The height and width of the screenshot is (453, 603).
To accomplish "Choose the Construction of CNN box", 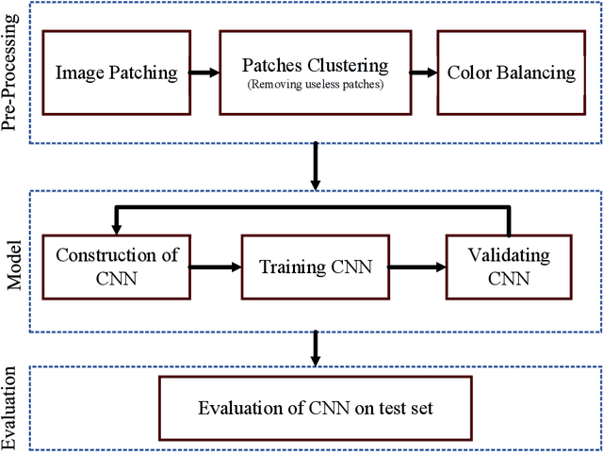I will [117, 267].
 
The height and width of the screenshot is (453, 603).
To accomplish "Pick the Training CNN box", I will [316, 267].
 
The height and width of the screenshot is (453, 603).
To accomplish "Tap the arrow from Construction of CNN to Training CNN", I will [216, 267].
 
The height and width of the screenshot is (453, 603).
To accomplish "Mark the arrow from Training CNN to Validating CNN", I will [416, 267].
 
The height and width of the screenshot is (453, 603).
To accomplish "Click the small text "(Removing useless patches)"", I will [316, 84].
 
